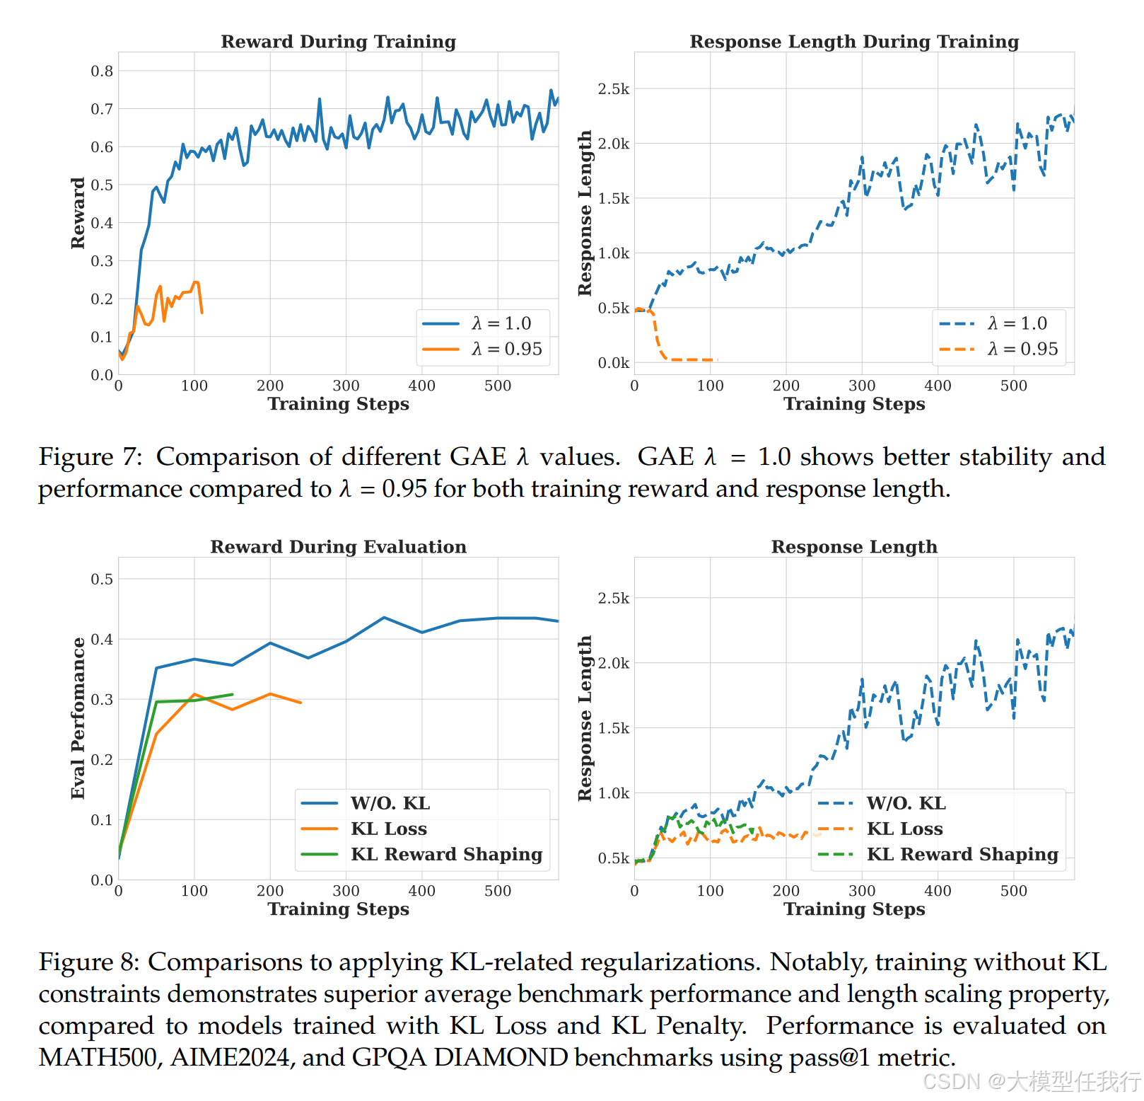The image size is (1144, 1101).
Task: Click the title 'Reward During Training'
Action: click(338, 42)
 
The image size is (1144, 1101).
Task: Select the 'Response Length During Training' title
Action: click(854, 42)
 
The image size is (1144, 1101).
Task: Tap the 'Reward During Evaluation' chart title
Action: click(338, 547)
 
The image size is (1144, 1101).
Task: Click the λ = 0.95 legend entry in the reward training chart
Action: click(482, 349)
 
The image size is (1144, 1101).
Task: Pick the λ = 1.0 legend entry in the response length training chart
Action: click(998, 323)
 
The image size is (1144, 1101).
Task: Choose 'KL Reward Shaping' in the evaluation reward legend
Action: click(422, 854)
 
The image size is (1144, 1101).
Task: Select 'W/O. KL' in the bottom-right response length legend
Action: click(882, 803)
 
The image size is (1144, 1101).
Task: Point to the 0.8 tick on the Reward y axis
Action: click(102, 71)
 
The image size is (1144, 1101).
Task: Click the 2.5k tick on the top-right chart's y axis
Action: click(613, 89)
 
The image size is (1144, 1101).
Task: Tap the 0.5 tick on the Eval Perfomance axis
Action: click(102, 579)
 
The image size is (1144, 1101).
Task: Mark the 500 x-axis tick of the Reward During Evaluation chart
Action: click(498, 891)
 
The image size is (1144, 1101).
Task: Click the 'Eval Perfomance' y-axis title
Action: click(78, 718)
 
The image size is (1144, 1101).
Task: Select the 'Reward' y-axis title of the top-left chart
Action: click(78, 213)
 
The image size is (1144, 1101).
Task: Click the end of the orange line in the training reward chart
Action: click(202, 313)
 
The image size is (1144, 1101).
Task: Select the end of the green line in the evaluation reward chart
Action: click(233, 694)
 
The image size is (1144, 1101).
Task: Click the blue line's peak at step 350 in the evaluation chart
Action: click(384, 618)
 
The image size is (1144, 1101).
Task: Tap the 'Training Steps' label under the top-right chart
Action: click(854, 404)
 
